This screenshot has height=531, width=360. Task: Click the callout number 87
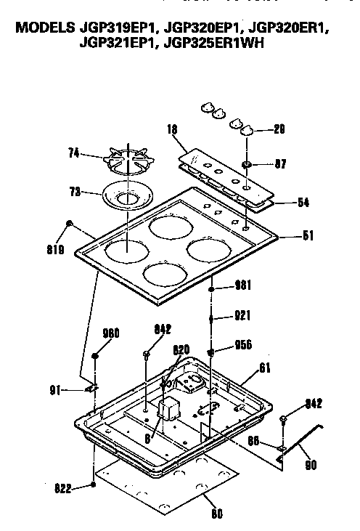pyautogui.click(x=280, y=164)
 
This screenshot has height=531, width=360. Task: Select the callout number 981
pyautogui.click(x=242, y=285)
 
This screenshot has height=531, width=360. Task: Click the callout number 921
pyautogui.click(x=242, y=317)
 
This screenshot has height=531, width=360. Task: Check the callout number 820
pyautogui.click(x=181, y=349)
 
